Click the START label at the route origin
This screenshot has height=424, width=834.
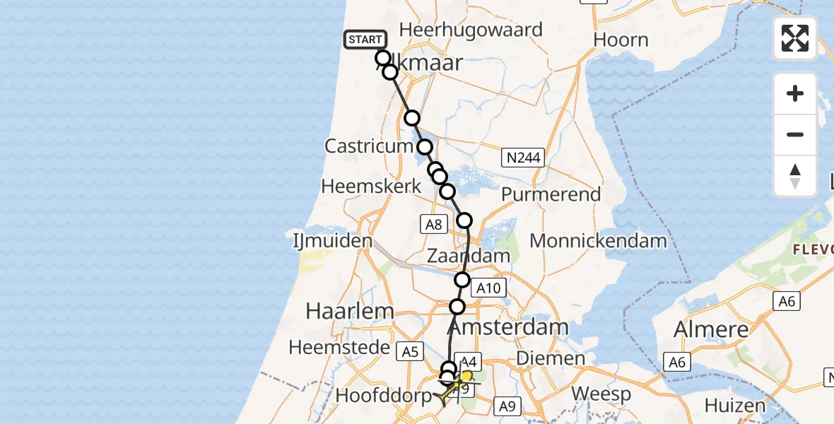coord(365,40)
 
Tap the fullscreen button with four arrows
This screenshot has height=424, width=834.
coord(795,38)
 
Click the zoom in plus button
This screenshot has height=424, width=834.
coord(795,93)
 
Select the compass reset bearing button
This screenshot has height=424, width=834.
coord(795,176)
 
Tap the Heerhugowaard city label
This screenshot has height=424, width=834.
coord(471,30)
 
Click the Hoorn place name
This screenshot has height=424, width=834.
coord(621,40)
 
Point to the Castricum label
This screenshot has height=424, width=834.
coord(368,147)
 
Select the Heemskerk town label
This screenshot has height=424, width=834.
coord(371,187)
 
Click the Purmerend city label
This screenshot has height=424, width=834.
coord(551,194)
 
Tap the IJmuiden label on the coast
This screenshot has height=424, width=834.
coord(332,241)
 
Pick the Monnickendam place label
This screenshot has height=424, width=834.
coord(598,241)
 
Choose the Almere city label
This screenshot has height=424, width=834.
coord(710,330)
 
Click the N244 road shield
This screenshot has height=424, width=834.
coord(523,157)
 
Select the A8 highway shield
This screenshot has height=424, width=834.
coord(433,225)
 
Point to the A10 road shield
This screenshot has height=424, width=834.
coord(488,288)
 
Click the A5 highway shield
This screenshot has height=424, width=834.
coord(410,351)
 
